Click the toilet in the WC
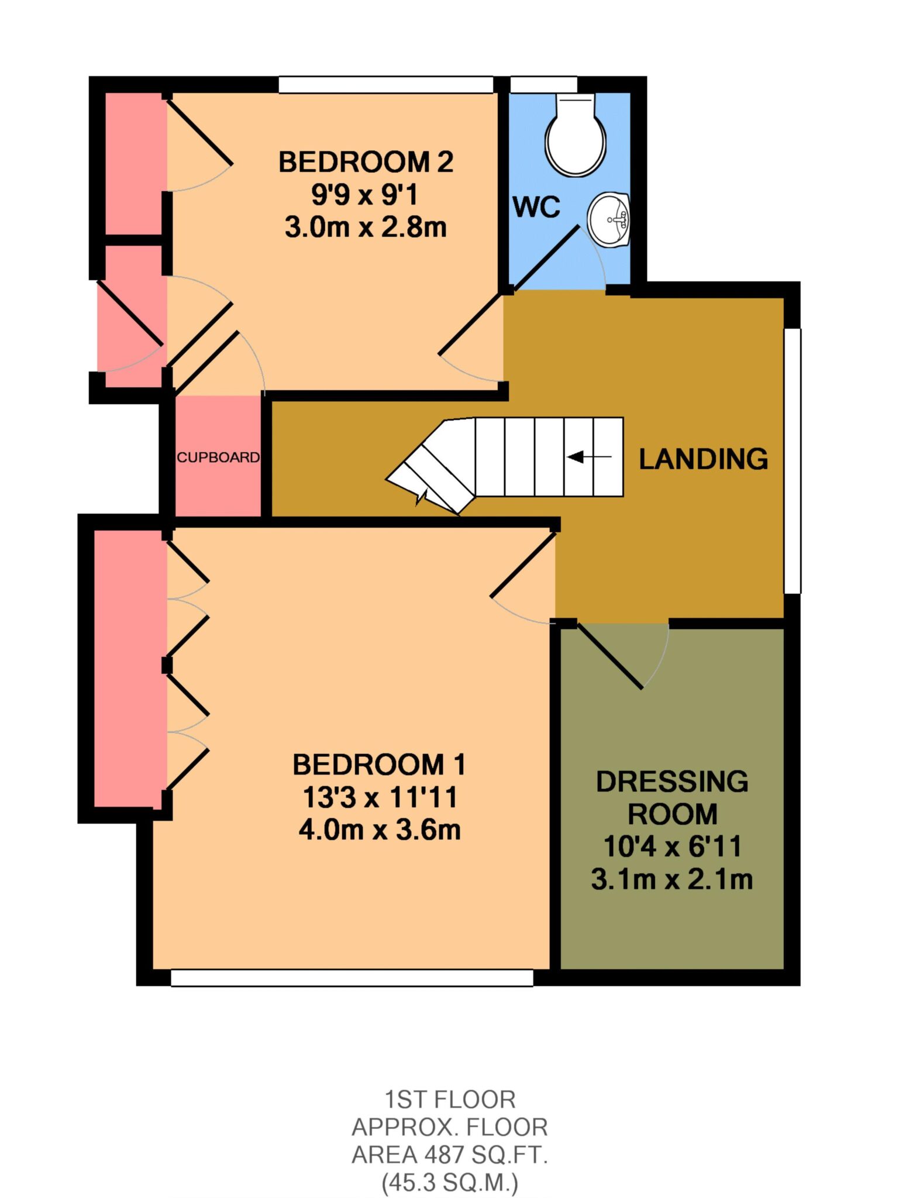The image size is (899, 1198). coord(576,135)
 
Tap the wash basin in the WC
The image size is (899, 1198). coord(609,221)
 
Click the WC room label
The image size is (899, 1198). coord(536,206)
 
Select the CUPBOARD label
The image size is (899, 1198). coord(218,457)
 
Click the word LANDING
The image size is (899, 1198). coord(704,459)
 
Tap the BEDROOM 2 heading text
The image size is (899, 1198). coord(366,162)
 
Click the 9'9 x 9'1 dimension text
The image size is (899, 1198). coord(365,195)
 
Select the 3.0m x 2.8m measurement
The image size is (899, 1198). coord(366,227)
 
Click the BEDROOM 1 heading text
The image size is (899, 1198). coord(379,765)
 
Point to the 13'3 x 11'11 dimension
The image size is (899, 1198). coord(380,797)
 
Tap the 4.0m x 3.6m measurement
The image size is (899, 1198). coord(380,829)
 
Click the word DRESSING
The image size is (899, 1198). coord(672,782)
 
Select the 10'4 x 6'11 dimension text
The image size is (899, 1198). coord(672,846)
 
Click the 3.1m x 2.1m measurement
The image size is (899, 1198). coord(672,879)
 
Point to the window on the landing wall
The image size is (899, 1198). coord(793,461)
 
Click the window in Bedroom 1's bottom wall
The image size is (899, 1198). coord(352,977)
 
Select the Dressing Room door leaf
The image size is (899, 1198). coord(610,656)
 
